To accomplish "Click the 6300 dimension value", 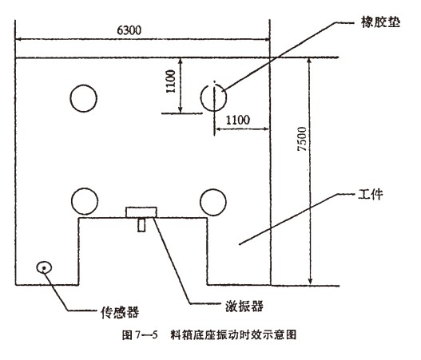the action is click(x=129, y=30).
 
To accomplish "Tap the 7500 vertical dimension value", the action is click(x=302, y=139).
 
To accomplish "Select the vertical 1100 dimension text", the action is click(x=170, y=81).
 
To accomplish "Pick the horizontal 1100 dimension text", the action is click(x=238, y=120).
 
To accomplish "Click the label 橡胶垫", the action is click(x=380, y=22).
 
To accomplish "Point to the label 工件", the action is click(x=371, y=194).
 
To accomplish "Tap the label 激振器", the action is click(x=244, y=306).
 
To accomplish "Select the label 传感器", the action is click(x=120, y=312).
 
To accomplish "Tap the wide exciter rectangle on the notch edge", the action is click(x=141, y=212).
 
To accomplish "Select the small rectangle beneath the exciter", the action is click(x=141, y=225).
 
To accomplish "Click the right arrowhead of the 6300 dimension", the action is click(x=268, y=40).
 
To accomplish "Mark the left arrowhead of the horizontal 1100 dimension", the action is click(x=217, y=129).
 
